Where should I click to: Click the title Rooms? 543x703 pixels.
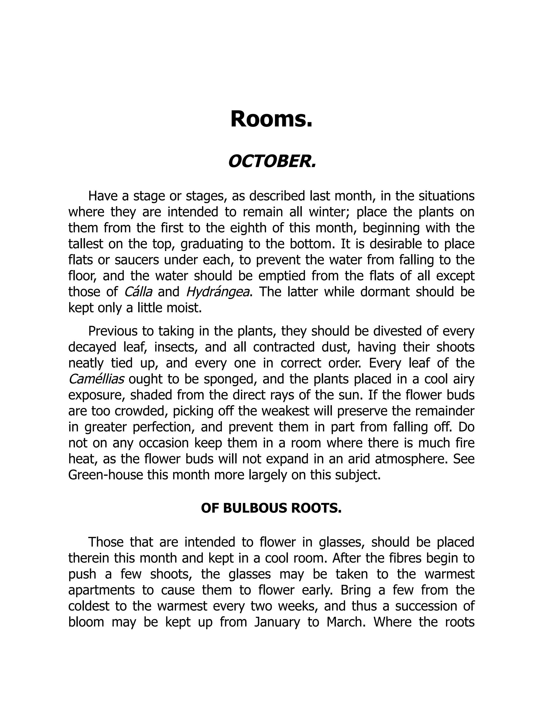click(271, 119)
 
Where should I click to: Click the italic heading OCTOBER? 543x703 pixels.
click(272, 161)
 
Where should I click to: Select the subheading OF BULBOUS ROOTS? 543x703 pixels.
click(271, 508)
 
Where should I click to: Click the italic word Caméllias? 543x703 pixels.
click(97, 379)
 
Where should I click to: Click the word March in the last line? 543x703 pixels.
click(346, 622)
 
